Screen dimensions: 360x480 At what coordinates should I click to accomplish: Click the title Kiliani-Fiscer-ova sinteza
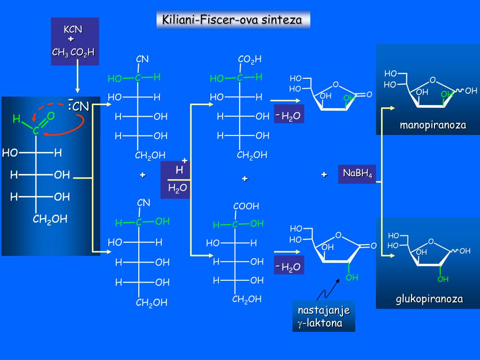click(233, 20)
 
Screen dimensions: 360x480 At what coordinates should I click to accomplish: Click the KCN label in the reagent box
click(73, 30)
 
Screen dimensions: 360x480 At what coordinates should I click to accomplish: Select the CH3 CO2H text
click(73, 52)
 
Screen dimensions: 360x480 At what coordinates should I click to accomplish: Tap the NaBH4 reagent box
click(357, 174)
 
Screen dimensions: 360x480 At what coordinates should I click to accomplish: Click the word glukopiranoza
click(429, 299)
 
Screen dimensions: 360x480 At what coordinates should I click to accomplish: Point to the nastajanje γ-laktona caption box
click(323, 316)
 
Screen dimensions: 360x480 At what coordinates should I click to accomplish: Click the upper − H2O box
click(289, 115)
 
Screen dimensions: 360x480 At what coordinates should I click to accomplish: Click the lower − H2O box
click(289, 267)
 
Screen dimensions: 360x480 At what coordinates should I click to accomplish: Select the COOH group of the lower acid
click(246, 206)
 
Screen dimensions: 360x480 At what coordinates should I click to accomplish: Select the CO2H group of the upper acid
click(249, 60)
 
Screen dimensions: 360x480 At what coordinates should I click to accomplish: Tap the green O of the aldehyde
click(51, 115)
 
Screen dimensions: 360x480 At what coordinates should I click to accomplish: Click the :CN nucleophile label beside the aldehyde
click(78, 107)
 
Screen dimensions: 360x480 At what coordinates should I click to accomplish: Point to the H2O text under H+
click(178, 188)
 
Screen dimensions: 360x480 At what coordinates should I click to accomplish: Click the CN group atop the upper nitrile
click(142, 60)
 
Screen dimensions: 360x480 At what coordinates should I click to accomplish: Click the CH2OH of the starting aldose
click(50, 219)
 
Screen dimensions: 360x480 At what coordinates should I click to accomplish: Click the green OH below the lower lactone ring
click(352, 277)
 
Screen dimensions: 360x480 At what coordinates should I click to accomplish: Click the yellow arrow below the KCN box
click(78, 80)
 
